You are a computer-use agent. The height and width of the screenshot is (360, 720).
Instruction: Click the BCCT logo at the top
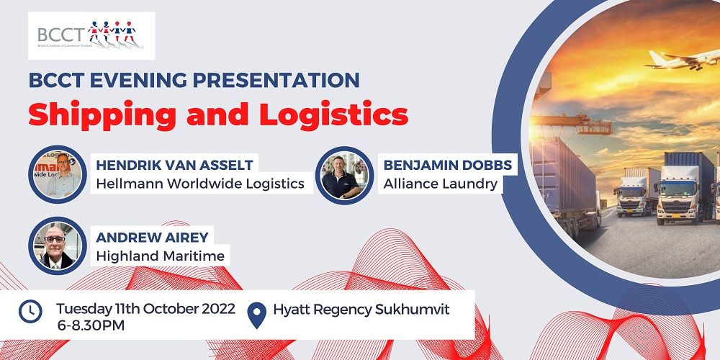(91, 36)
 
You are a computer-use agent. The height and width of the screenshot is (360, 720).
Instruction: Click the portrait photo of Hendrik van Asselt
(58, 174)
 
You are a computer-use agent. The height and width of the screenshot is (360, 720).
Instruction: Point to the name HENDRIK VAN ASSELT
(174, 165)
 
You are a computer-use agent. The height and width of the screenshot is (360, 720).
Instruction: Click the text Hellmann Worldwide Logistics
(200, 184)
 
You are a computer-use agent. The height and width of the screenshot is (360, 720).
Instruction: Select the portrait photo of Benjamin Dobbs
(344, 175)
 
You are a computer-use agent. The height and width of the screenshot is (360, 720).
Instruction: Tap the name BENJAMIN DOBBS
(448, 165)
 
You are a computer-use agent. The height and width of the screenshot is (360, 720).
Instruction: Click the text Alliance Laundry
(441, 184)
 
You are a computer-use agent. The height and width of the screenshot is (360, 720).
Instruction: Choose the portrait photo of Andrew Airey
(58, 246)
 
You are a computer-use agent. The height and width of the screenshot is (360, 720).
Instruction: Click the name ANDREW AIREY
(152, 237)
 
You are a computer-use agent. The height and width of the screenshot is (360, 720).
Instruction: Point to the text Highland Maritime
(161, 256)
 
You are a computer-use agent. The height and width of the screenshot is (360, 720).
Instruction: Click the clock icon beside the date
(30, 311)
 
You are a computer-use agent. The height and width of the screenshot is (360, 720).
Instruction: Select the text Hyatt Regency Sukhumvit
(361, 310)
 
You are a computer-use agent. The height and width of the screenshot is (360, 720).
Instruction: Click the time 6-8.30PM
(91, 325)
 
